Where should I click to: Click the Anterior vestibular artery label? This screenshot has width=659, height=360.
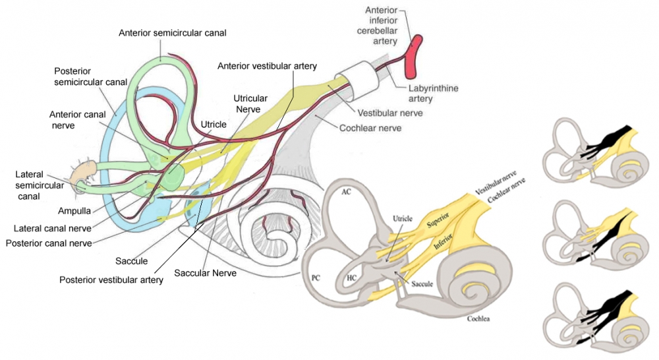pyautogui.click(x=268, y=66)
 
